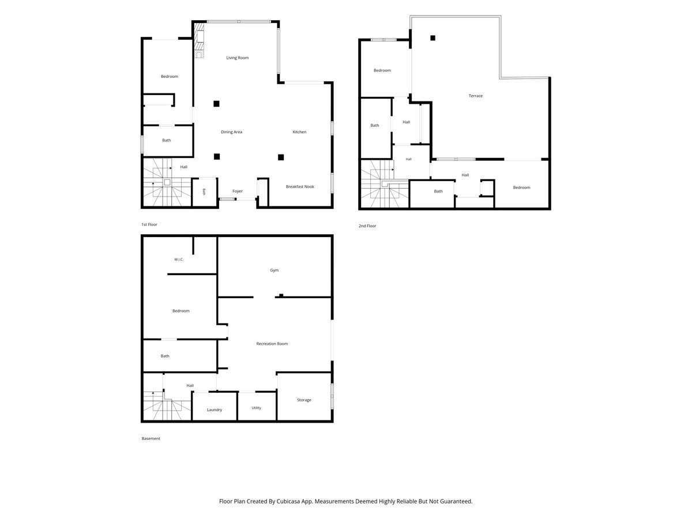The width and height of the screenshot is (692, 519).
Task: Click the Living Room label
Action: click(238, 58)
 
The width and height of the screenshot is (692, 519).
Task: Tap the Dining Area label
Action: click(231, 132)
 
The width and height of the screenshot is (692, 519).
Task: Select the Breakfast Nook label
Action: click(300, 186)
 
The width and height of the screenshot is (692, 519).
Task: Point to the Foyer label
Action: click(238, 191)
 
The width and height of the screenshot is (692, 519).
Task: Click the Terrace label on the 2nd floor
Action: click(475, 96)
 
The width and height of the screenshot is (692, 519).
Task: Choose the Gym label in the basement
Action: click(274, 270)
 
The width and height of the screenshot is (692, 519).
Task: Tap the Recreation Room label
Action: click(272, 344)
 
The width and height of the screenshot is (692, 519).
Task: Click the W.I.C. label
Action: click(179, 259)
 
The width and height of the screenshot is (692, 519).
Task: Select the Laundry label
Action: click(215, 410)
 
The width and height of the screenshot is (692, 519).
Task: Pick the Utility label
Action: click(256, 408)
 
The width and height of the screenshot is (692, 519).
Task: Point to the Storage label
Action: click(304, 400)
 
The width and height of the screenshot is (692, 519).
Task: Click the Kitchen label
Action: click(299, 132)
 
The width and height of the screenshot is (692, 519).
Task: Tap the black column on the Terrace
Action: click(432, 38)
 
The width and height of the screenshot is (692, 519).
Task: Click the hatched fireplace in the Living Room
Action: click(198, 40)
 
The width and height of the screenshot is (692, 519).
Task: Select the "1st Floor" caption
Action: click(149, 225)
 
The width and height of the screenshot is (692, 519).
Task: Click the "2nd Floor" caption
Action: click(367, 226)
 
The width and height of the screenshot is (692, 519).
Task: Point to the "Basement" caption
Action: click(151, 439)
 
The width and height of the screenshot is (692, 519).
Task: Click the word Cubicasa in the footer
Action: click(288, 501)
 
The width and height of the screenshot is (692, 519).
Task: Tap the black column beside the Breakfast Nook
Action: click(281, 157)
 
